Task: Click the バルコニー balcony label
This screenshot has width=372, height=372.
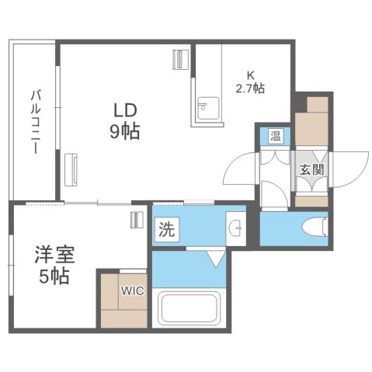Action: [34, 123]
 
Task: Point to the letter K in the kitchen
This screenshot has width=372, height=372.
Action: [250, 75]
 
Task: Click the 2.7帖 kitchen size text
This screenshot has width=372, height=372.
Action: [250, 88]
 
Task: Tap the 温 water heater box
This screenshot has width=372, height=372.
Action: [276, 137]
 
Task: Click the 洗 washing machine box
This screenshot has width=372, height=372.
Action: [166, 229]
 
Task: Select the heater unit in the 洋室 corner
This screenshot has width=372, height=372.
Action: [137, 220]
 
